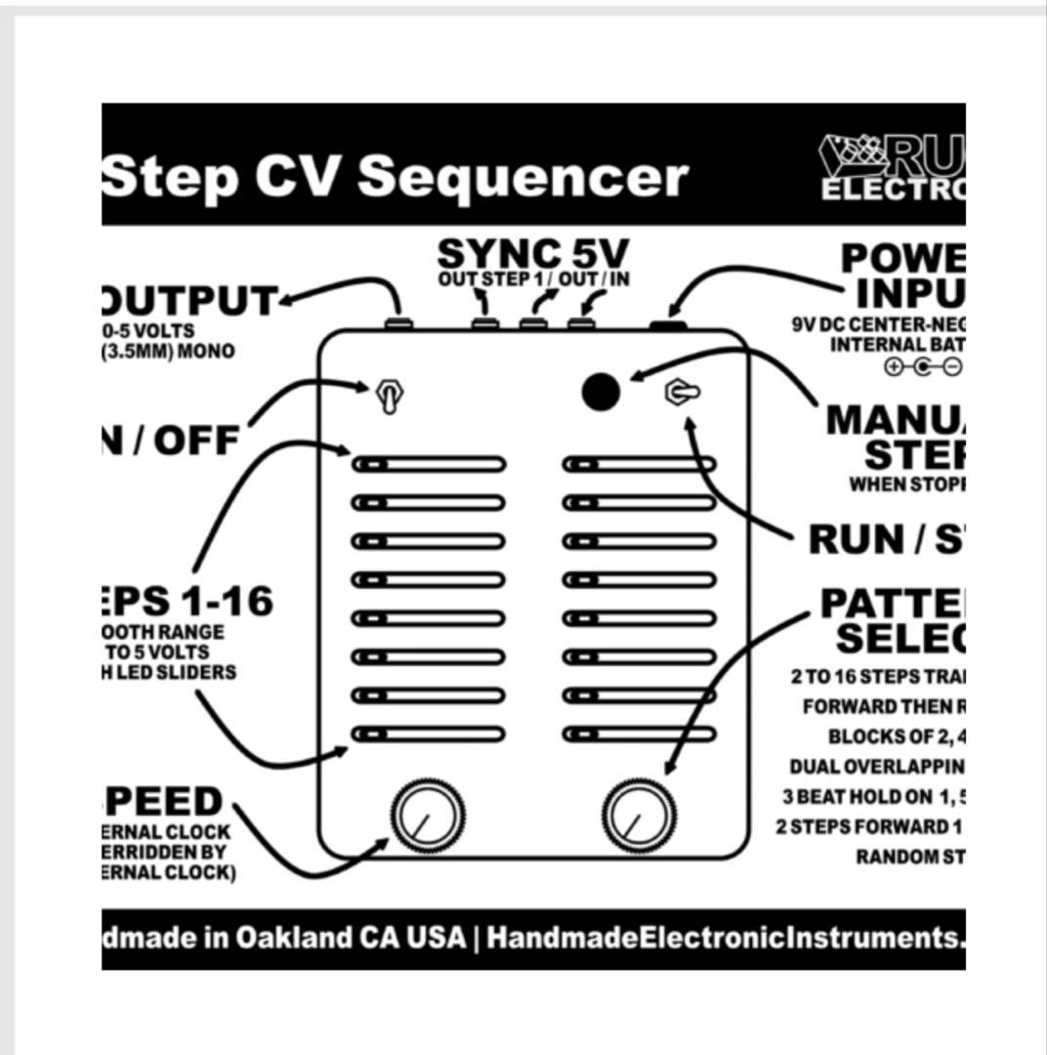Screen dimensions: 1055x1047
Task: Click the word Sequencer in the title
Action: pyautogui.click(x=523, y=177)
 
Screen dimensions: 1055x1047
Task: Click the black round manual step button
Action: pyautogui.click(x=601, y=392)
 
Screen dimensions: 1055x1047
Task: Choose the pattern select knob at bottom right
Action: pyautogui.click(x=640, y=817)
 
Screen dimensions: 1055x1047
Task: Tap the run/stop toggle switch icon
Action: pyautogui.click(x=682, y=393)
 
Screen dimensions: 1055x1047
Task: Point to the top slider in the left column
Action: pyautogui.click(x=429, y=464)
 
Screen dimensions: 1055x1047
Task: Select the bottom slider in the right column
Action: pyautogui.click(x=639, y=734)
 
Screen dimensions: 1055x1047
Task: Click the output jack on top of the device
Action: pyautogui.click(x=397, y=322)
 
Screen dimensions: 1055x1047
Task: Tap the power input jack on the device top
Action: pyautogui.click(x=667, y=322)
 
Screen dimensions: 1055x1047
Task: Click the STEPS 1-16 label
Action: pyautogui.click(x=186, y=602)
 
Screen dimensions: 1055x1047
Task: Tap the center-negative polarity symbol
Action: pyautogui.click(x=923, y=367)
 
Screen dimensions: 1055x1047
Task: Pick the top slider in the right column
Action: pyautogui.click(x=639, y=464)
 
